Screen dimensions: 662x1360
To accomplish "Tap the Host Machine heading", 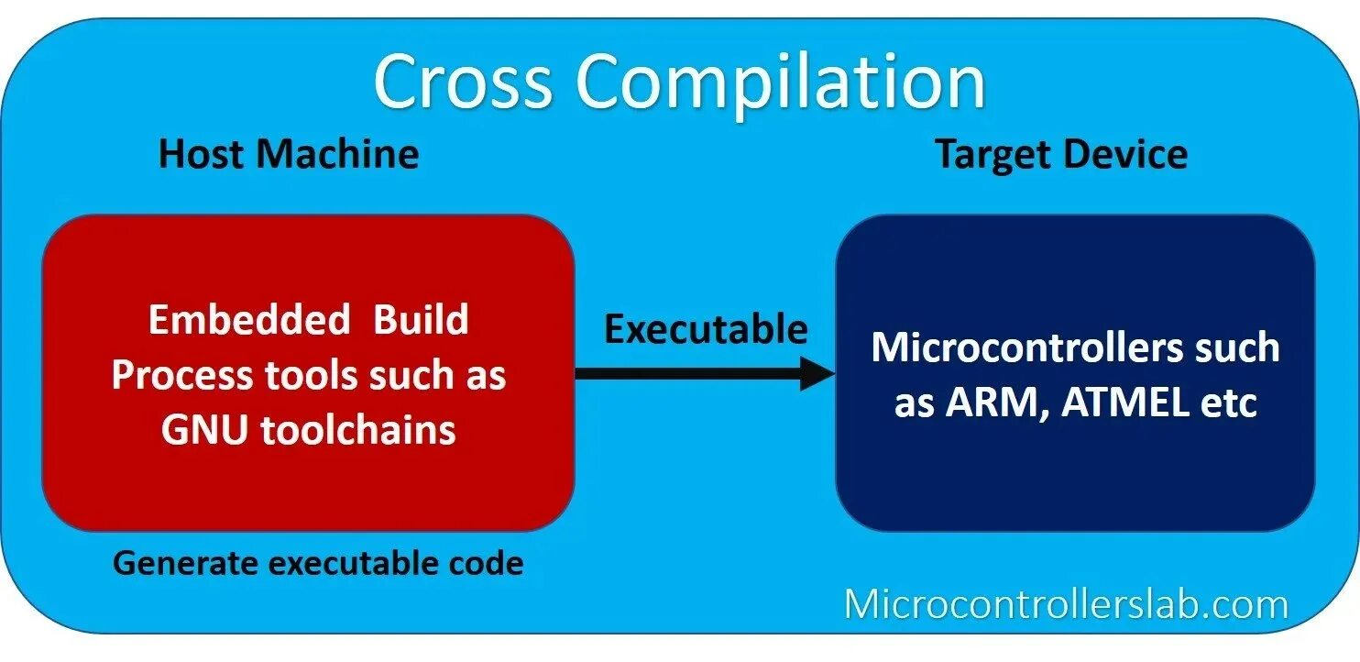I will coord(289,154).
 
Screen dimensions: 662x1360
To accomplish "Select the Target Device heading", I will coord(1061,154).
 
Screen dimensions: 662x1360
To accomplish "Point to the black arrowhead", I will coord(817,373).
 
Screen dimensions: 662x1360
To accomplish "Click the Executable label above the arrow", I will coord(706,329).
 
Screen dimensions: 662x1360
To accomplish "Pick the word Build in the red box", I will coord(422,320).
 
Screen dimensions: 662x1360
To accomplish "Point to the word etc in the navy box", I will coord(1228,403).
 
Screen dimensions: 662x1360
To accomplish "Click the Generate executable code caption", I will coord(318,563).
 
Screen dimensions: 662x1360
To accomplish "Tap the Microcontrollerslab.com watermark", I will coord(1066,604).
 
